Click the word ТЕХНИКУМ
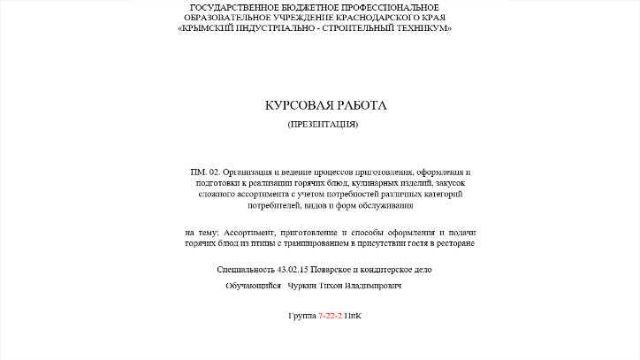(x=421, y=28)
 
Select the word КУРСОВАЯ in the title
(x=296, y=105)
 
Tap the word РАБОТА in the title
(x=360, y=105)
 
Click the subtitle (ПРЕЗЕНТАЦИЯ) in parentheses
(x=323, y=125)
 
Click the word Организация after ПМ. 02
(x=249, y=172)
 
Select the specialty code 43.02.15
(x=294, y=269)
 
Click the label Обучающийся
(x=253, y=287)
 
